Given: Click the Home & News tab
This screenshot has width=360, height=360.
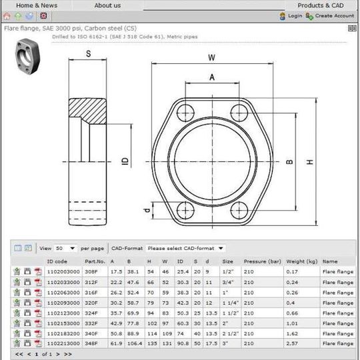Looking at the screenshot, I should [36, 5].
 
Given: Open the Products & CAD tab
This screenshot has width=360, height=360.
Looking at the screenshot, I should [320, 5].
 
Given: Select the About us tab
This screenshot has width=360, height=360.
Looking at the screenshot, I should [107, 5].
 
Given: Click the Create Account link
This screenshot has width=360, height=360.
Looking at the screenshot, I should [333, 15].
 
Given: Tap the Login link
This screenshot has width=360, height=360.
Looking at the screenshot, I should [295, 15].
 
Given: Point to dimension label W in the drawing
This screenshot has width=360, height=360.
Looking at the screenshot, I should [211, 57].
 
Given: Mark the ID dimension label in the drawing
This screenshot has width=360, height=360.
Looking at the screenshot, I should [124, 161].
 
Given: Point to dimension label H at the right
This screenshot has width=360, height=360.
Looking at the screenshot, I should [310, 162].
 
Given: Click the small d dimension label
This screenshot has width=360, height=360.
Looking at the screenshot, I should [147, 211].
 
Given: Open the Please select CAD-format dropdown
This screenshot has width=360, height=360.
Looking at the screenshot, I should [185, 248].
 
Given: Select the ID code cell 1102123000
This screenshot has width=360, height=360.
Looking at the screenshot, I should [63, 313].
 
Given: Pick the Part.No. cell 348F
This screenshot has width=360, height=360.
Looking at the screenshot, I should [92, 343].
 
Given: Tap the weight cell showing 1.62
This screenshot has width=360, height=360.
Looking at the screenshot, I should [292, 333].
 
